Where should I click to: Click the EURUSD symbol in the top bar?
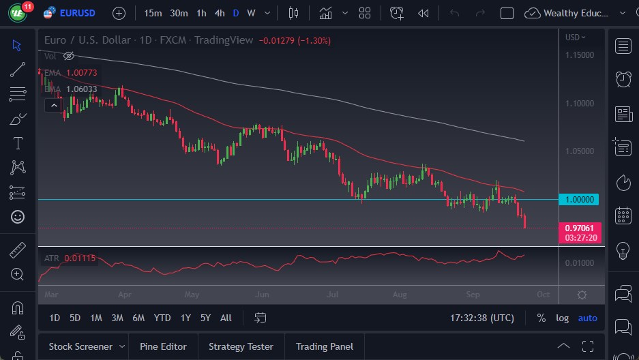point(77,13)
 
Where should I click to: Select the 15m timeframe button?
point(153,13)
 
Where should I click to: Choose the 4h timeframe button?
point(219,13)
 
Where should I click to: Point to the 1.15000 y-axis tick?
point(580,55)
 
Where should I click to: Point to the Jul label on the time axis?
point(332,295)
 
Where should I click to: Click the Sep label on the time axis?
point(473,295)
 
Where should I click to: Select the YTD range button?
point(162,318)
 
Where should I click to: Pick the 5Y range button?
point(205,318)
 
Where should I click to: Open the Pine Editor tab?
point(163,346)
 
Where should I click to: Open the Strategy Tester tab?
point(241,346)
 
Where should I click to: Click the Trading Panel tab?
point(325,346)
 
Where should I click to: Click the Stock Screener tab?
point(80,346)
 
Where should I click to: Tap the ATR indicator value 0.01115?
point(80,258)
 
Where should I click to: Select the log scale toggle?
point(562,318)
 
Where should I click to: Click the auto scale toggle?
point(587,318)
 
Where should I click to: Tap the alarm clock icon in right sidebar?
point(623,79)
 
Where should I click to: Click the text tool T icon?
point(18,143)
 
